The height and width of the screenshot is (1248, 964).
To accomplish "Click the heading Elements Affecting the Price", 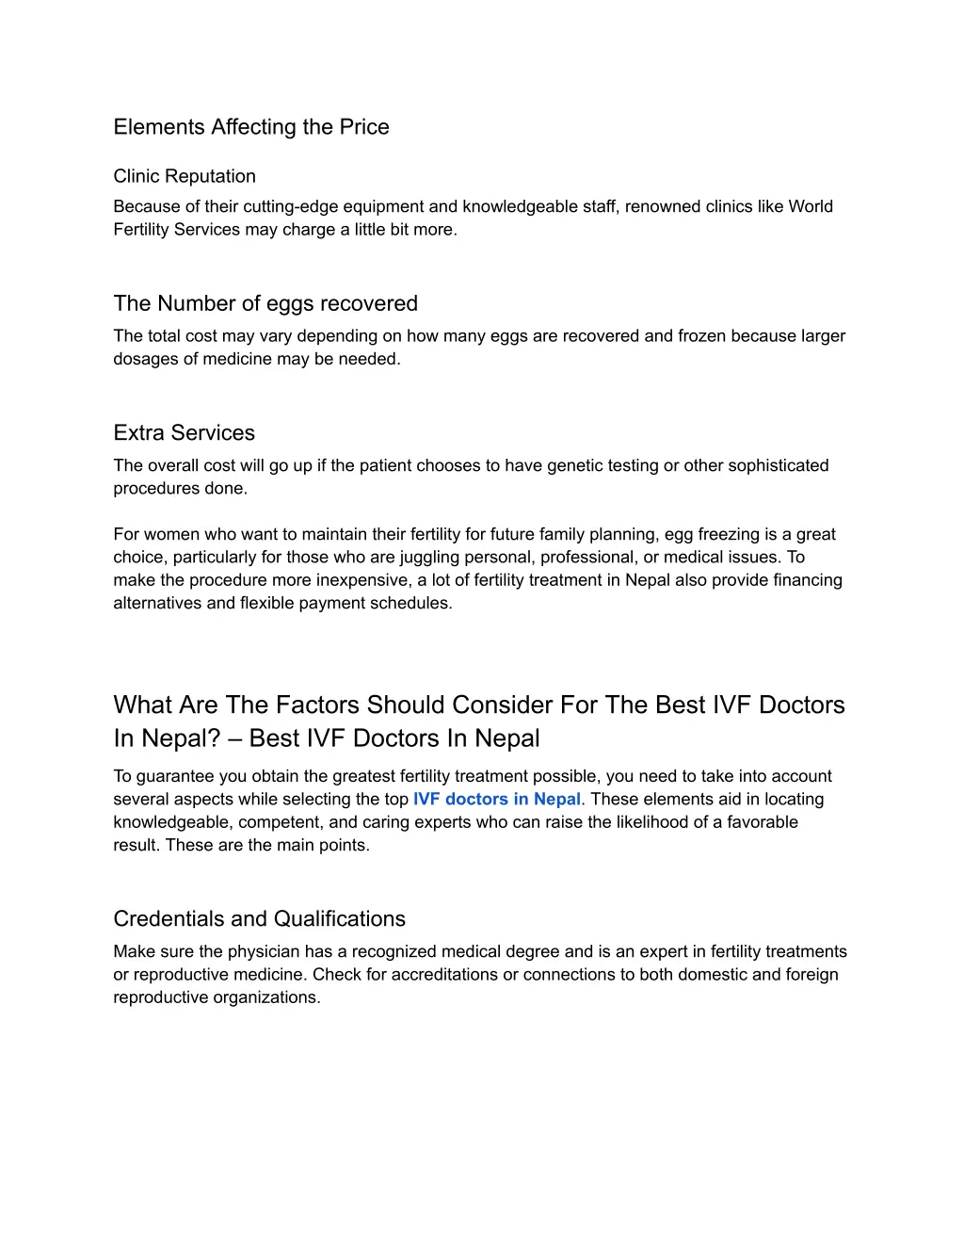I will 250,127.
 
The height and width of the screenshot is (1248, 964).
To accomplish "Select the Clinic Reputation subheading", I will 185,176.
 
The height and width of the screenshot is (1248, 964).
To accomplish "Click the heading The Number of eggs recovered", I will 265,303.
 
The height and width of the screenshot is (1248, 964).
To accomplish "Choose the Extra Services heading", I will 185,433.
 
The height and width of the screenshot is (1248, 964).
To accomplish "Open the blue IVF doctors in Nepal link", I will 497,800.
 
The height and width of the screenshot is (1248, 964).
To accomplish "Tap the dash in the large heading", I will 234,738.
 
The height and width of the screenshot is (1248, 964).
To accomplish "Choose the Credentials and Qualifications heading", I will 260,919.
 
